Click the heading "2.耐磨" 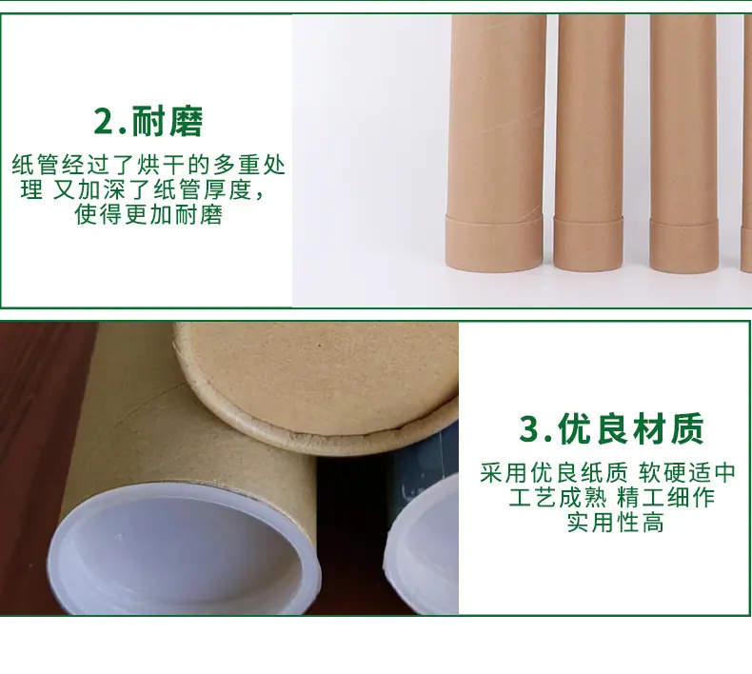[148, 121]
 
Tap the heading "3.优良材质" [611, 428]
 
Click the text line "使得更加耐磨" [148, 214]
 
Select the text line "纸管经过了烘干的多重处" [148, 165]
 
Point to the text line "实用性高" [615, 522]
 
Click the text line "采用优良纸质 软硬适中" [607, 473]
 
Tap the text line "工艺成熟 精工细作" [611, 498]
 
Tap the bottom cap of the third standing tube [683, 247]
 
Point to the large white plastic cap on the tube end [184, 550]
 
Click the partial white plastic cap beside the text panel [422, 545]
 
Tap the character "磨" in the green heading [186, 122]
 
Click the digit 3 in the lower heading [529, 428]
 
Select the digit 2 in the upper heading [104, 122]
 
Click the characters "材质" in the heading [668, 428]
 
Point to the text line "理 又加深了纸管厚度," [143, 190]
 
